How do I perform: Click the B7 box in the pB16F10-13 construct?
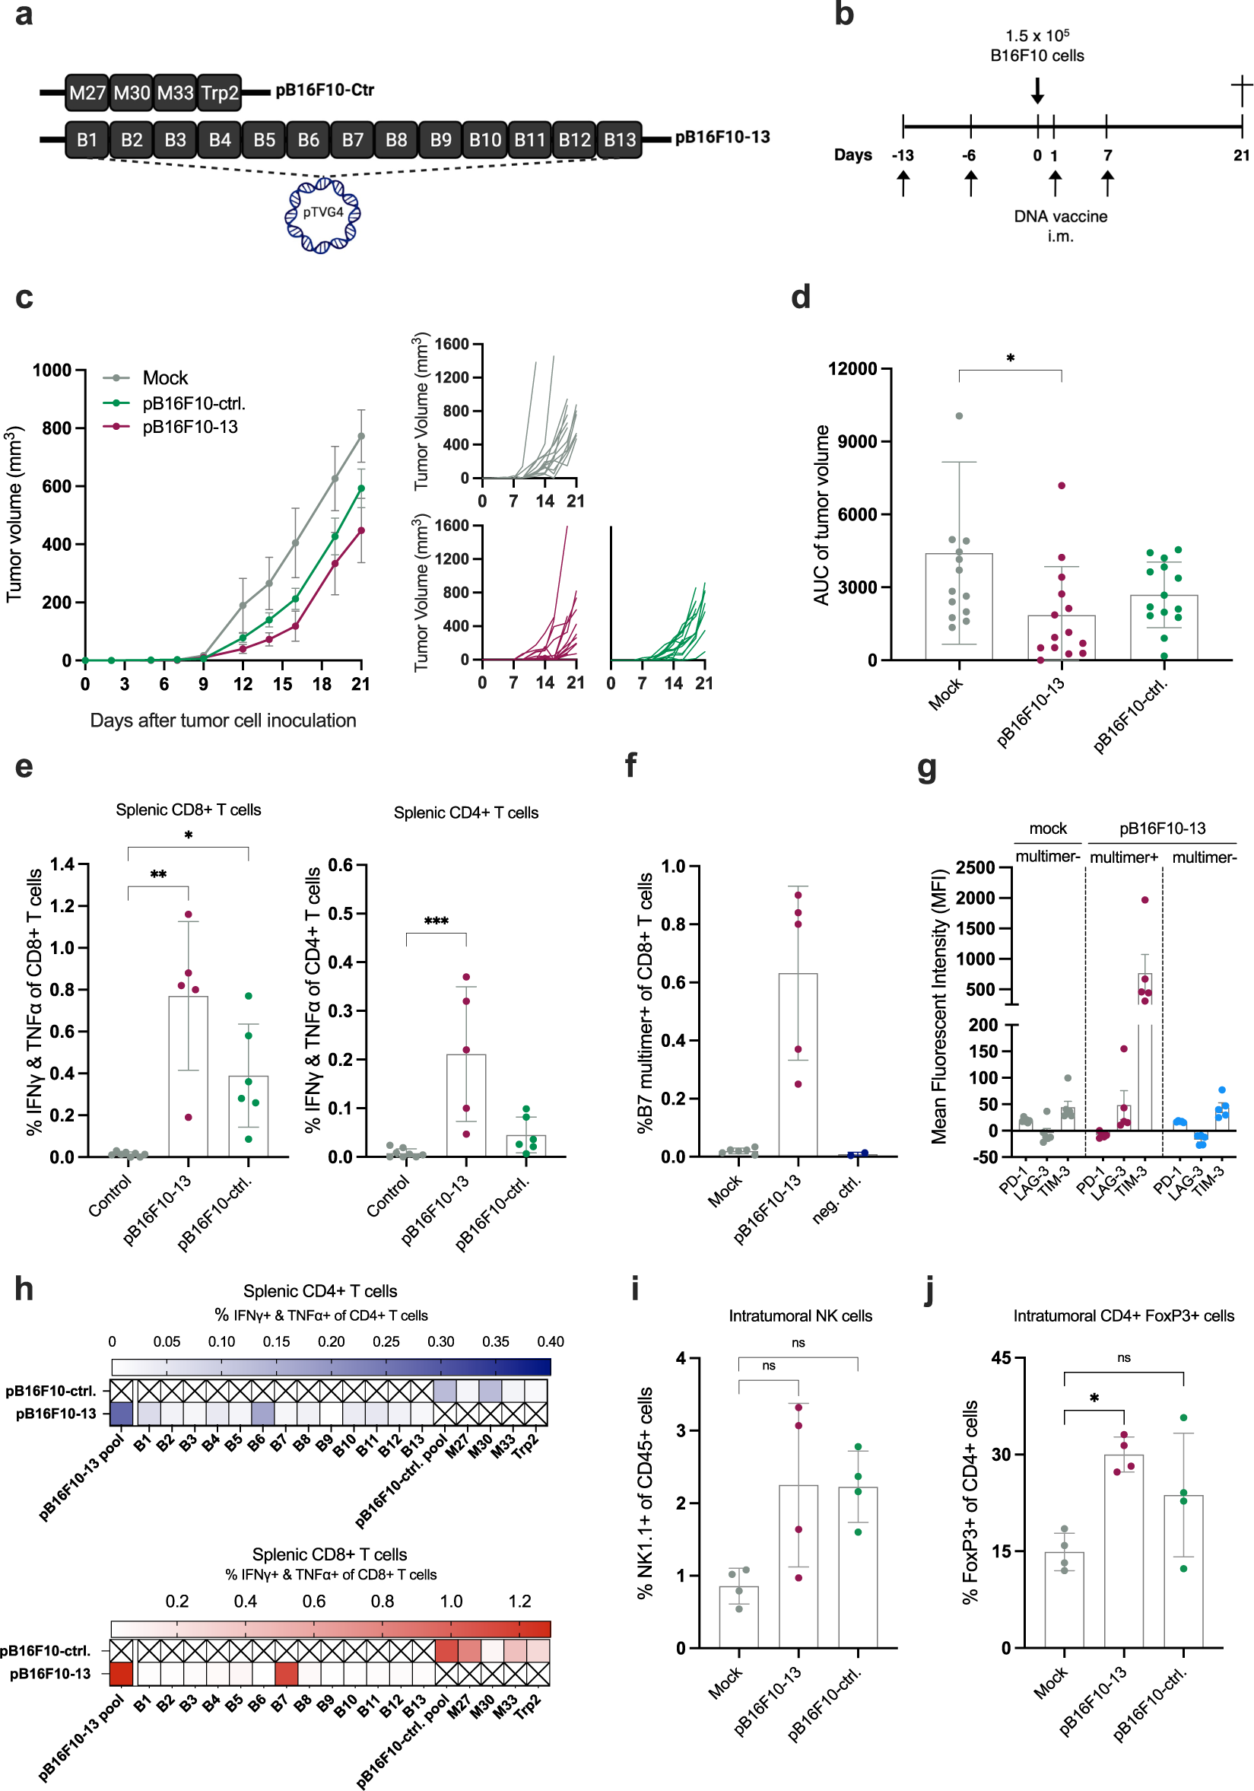point(353,140)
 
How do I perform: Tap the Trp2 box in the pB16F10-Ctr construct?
point(220,93)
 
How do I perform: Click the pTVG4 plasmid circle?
point(322,214)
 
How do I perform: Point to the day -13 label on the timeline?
point(903,155)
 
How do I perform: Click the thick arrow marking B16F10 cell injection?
point(1037,91)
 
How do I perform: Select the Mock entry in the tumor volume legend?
point(164,378)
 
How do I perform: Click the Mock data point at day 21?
point(361,436)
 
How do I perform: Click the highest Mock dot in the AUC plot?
point(958,415)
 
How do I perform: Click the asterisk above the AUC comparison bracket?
point(1010,359)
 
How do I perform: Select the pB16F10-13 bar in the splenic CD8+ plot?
point(188,1076)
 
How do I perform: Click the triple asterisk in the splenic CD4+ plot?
point(436,922)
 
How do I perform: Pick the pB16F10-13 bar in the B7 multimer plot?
point(797,1064)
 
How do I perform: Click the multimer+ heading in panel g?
point(1123,858)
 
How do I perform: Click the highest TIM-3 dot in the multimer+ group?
point(1144,900)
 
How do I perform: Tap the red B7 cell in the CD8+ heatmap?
point(285,1673)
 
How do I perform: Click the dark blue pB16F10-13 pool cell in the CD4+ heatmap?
point(121,1414)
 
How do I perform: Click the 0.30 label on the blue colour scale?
point(440,1341)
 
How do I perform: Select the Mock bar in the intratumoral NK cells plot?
point(738,1616)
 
